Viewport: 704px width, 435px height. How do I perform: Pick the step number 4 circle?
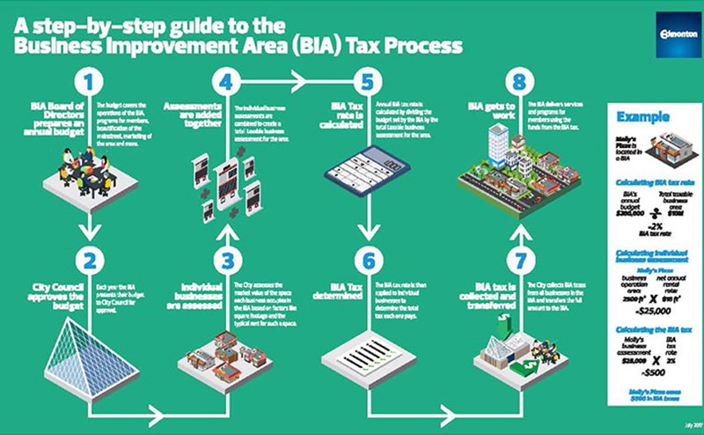tap(227, 84)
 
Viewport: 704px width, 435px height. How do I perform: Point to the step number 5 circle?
tap(367, 84)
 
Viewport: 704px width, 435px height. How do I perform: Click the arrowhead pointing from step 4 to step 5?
tap(304, 82)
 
